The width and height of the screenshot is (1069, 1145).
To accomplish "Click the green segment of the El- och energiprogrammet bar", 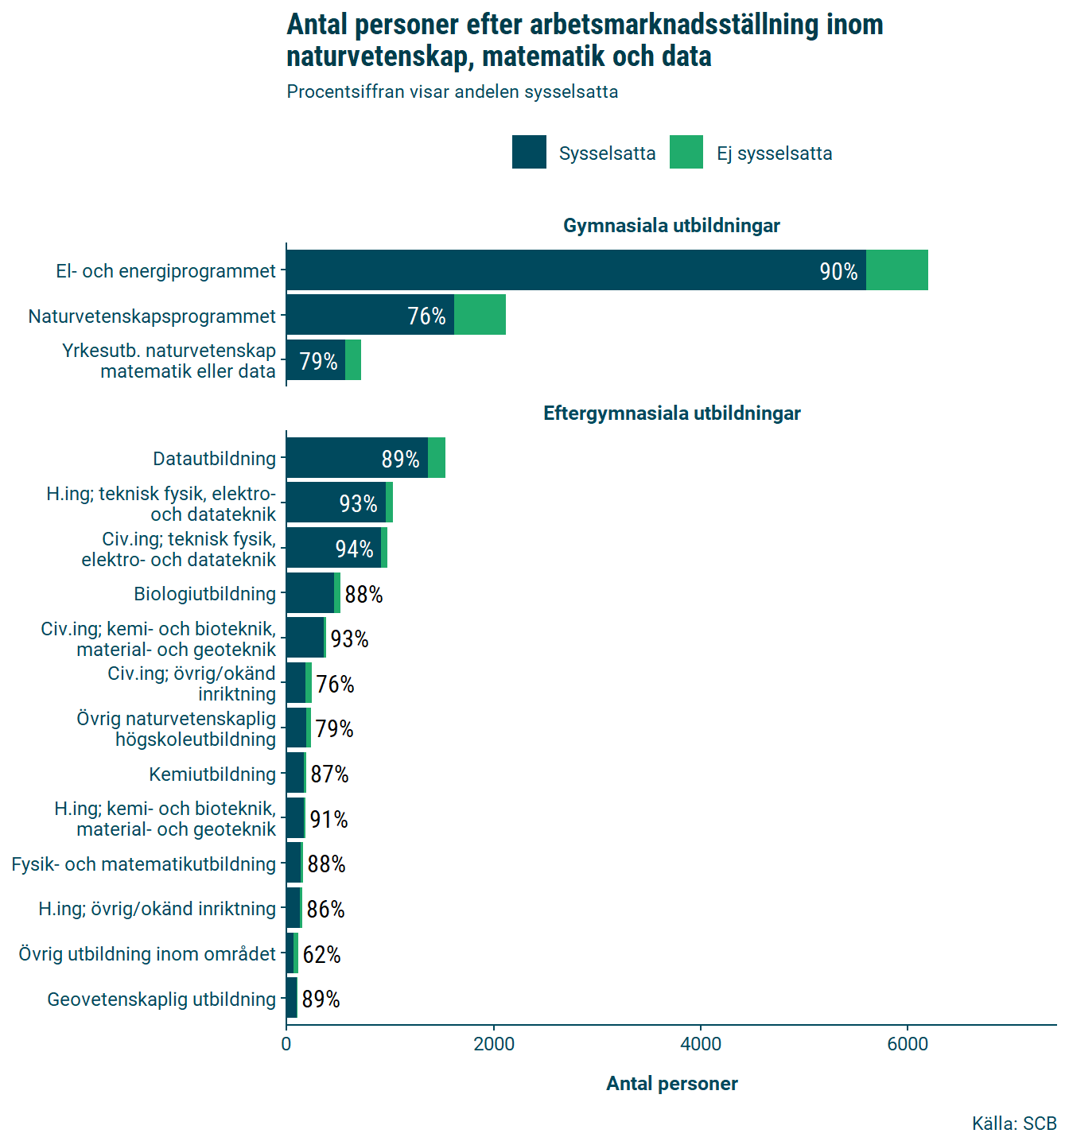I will point(896,270).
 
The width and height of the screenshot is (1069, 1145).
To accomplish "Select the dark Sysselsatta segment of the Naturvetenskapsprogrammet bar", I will point(370,315).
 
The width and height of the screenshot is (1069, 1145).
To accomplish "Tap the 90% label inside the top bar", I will point(838,272).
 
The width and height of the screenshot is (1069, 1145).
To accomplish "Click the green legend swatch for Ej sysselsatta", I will point(686,152).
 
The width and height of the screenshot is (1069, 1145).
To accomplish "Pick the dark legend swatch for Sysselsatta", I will point(529,152).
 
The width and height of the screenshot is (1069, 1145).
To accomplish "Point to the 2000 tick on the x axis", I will point(494,1044).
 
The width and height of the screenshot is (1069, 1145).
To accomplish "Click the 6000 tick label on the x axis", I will point(908,1044).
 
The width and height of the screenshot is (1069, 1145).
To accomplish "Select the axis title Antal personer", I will point(671,1084).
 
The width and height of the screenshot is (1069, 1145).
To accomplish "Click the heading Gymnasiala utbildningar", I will point(671,226).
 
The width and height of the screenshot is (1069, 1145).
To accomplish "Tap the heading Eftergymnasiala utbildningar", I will point(671,413).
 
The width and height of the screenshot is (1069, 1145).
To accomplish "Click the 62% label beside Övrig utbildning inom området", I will point(321,954).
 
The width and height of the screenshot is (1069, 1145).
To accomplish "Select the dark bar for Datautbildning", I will point(356,458).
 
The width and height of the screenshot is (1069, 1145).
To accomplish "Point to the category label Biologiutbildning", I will point(204,594).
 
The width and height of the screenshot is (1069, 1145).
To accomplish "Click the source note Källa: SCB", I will point(1013,1124).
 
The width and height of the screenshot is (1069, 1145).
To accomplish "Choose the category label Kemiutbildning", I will point(212,774).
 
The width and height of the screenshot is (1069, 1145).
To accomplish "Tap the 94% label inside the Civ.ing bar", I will point(354,549).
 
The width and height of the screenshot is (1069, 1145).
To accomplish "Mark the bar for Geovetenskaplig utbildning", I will point(292,998).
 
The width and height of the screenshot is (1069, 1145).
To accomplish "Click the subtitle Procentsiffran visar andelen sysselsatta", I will point(452,92).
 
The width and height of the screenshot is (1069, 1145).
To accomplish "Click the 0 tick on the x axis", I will point(286,1044).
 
